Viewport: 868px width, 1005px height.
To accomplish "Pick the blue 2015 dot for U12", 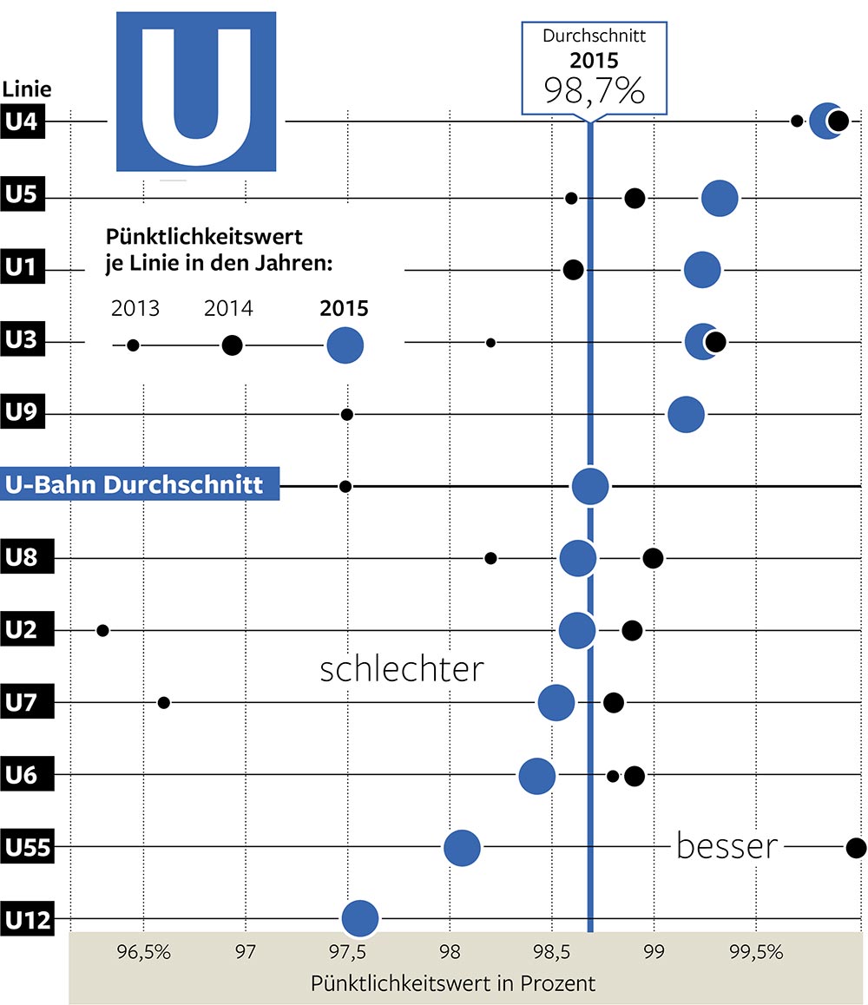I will (360, 918).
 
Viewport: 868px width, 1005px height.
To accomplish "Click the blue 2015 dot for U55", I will (462, 847).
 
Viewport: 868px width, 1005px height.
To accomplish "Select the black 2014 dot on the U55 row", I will (856, 847).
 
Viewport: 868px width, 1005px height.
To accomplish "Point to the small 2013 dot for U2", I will (102, 630).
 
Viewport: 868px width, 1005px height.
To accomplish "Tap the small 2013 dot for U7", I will (163, 702).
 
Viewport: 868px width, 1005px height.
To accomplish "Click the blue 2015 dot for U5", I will (720, 198).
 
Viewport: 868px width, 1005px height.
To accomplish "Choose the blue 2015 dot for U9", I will (686, 415).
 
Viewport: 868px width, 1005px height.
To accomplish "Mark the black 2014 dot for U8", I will (653, 557).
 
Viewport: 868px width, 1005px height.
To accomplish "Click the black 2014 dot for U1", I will (573, 269).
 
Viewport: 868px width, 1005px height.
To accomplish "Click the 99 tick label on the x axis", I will (653, 951).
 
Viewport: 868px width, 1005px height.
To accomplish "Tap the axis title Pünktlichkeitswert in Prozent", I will (453, 984).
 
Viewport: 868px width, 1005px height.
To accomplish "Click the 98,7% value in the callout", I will (595, 89).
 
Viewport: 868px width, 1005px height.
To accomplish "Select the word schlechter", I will (401, 670).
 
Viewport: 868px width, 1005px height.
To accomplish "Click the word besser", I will (726, 846).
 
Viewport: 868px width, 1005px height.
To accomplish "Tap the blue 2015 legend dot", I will (345, 345).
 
